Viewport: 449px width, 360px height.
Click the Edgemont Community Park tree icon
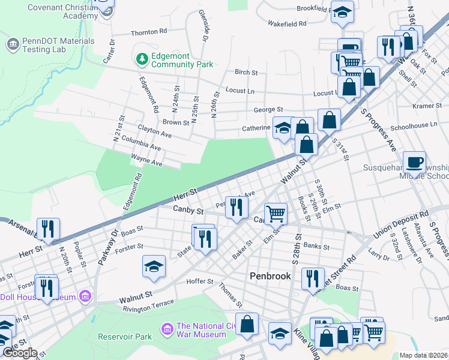point(142,59)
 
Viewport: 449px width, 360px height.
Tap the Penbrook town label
point(270,277)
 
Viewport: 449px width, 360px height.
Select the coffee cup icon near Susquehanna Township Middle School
point(414,162)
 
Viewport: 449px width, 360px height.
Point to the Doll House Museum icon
point(85,297)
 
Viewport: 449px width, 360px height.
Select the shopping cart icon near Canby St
point(276,212)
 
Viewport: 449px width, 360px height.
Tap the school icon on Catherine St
point(283,127)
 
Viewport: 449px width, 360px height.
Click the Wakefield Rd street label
point(287,23)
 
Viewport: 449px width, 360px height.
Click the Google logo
point(20,352)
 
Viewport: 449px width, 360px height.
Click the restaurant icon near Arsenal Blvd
point(48,228)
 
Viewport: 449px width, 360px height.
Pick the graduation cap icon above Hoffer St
point(154,266)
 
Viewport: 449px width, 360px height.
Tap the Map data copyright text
point(424,355)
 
